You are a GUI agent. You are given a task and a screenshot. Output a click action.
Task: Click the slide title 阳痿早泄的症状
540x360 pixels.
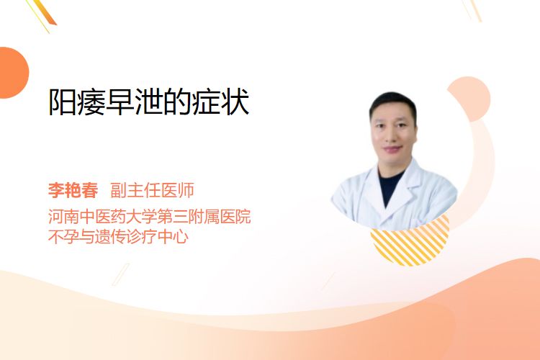tap(149, 102)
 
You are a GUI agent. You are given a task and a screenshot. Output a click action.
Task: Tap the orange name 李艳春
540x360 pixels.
tap(73, 190)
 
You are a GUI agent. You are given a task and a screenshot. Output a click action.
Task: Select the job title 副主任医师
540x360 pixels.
tap(152, 190)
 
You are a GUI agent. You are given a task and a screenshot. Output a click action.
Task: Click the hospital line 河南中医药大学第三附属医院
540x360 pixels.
tap(150, 217)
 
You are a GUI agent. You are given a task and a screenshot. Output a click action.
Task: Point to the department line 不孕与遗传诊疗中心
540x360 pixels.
tap(119, 237)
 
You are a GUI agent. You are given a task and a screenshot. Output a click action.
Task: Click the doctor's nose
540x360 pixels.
tap(393, 135)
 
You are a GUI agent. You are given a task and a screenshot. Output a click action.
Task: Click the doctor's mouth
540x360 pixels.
tap(393, 149)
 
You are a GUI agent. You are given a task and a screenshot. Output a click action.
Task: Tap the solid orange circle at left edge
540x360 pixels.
tap(13, 73)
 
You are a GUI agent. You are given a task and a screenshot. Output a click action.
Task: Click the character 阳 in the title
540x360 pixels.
tap(63, 102)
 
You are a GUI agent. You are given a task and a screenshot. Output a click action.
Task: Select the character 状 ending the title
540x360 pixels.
tap(235, 102)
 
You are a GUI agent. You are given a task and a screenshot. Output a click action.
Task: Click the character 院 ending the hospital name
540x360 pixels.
tap(243, 217)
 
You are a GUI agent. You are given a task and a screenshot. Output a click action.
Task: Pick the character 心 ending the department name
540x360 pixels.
tap(181, 237)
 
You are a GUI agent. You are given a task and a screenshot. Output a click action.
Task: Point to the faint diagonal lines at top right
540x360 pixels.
tap(472, 10)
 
